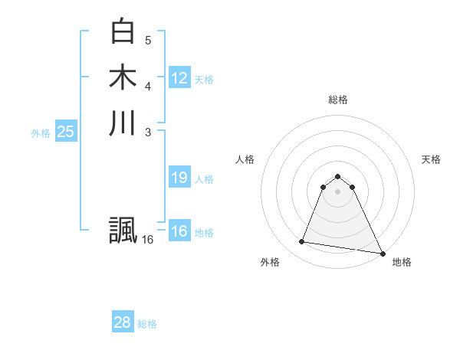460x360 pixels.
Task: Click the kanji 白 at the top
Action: [x=123, y=31]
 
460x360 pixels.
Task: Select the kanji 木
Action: [x=123, y=77]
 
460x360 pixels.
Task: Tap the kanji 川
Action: [x=123, y=123]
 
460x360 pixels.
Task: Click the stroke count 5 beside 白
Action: [x=148, y=40]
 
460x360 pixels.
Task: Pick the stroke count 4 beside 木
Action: [x=148, y=86]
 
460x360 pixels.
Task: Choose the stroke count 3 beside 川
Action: [x=148, y=132]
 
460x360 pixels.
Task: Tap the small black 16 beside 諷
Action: [x=148, y=240]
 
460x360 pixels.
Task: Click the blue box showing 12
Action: [x=179, y=78]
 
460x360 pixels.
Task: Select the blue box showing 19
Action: [x=179, y=178]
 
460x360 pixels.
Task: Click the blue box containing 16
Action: [x=179, y=231]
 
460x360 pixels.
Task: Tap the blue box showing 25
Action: [x=66, y=132]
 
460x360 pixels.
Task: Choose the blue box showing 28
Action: [x=123, y=322]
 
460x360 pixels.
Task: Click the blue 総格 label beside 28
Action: [x=147, y=324]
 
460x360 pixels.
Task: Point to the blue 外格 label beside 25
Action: [x=41, y=133]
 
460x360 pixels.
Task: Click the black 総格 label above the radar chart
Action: [x=338, y=100]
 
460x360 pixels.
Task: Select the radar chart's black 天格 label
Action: [x=431, y=159]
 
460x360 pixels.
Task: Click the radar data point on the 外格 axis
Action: [x=302, y=242]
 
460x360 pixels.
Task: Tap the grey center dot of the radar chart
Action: [x=338, y=191]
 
